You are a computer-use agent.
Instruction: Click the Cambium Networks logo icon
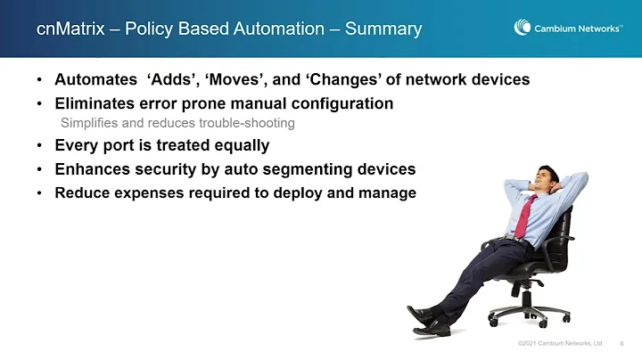click(x=523, y=28)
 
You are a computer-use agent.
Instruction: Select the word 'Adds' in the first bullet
click(x=175, y=80)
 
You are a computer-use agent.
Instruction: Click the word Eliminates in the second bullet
click(x=98, y=103)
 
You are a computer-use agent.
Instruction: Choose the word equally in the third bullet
click(x=236, y=145)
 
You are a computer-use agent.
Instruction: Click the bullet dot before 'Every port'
click(x=40, y=145)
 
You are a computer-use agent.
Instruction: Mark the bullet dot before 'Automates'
click(x=40, y=80)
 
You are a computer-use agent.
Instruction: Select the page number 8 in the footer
click(x=621, y=343)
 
